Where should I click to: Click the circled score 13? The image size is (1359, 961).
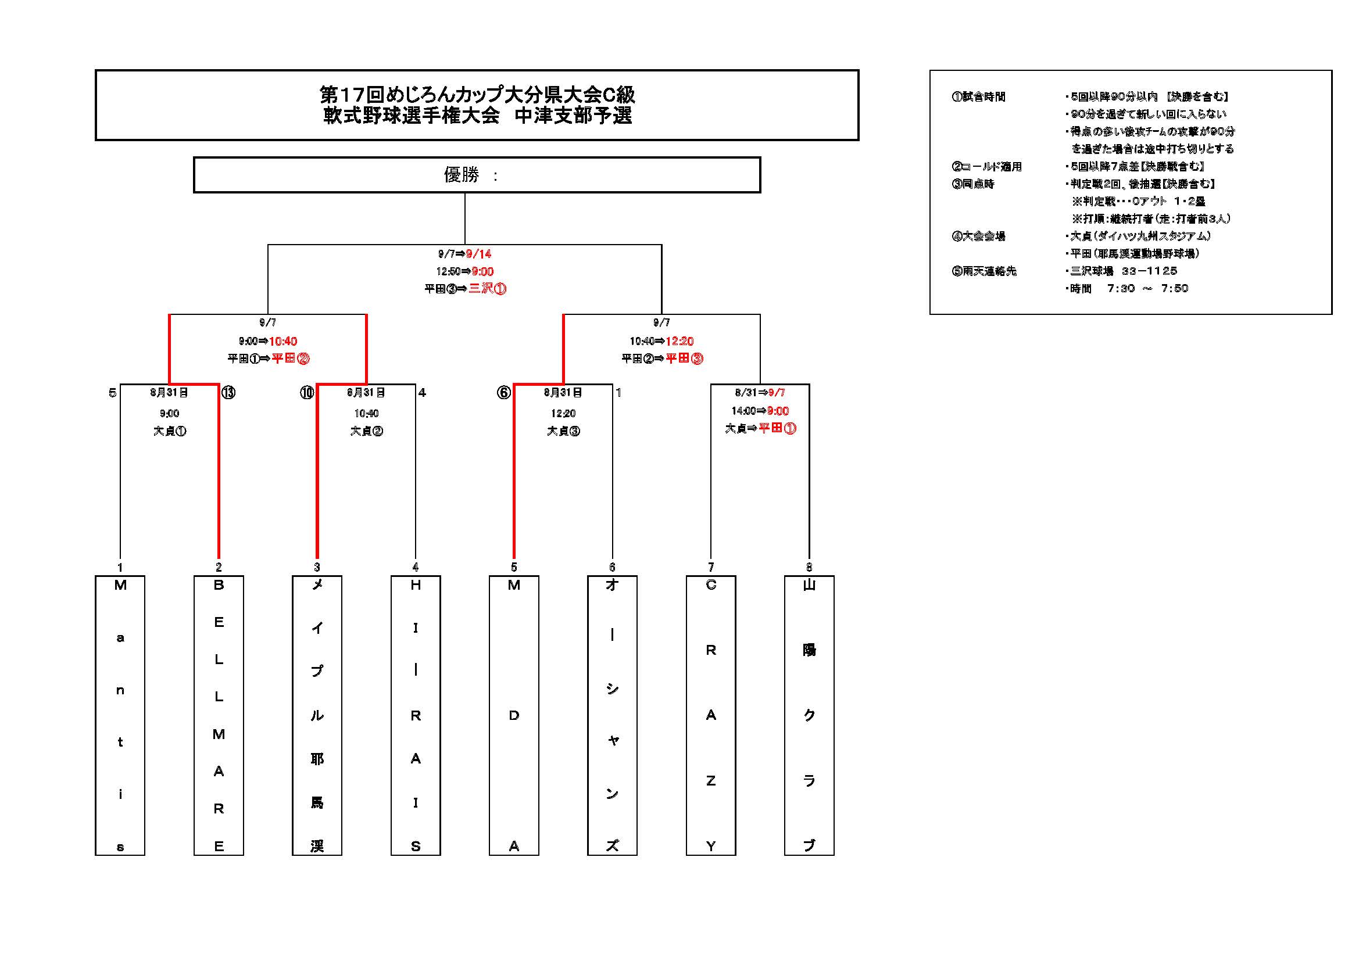pos(228,392)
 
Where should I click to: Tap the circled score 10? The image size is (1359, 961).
pos(306,392)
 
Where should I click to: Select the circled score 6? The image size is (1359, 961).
pos(504,392)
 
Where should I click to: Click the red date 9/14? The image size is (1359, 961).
pos(479,254)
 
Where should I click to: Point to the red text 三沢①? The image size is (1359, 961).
pos(488,289)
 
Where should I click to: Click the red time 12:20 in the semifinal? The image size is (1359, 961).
pos(679,341)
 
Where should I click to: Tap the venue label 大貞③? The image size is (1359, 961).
pos(563,431)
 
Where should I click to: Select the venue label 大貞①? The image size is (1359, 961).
pos(170,431)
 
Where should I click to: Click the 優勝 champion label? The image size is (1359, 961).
pos(462,174)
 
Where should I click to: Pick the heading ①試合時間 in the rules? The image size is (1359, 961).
pos(979,96)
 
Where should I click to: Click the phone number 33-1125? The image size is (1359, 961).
pos(1150,271)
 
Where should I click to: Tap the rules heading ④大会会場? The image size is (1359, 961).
pos(979,236)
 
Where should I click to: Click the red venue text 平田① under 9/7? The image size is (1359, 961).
pos(777,428)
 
